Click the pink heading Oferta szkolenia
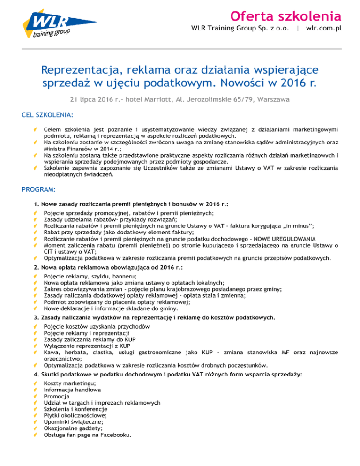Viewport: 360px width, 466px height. point(285,16)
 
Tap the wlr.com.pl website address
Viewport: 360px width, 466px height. point(323,28)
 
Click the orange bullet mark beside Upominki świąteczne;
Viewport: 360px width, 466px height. point(36,421)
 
